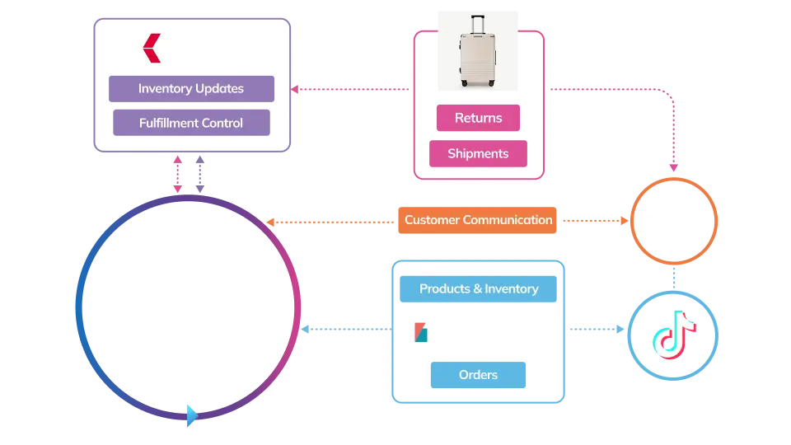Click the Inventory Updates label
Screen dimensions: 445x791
(x=190, y=89)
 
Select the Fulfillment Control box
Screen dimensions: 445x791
(x=190, y=123)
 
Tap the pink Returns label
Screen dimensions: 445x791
(x=478, y=118)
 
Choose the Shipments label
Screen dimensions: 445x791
(x=478, y=154)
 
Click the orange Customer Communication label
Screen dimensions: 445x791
(x=478, y=220)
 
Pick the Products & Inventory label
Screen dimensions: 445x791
(x=478, y=289)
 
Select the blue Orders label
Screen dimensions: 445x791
(x=478, y=375)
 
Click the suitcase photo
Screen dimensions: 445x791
(x=477, y=49)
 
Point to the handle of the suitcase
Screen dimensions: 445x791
(x=477, y=21)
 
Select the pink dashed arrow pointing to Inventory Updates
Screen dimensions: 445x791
(x=297, y=89)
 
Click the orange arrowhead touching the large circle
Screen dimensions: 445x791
(x=272, y=222)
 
